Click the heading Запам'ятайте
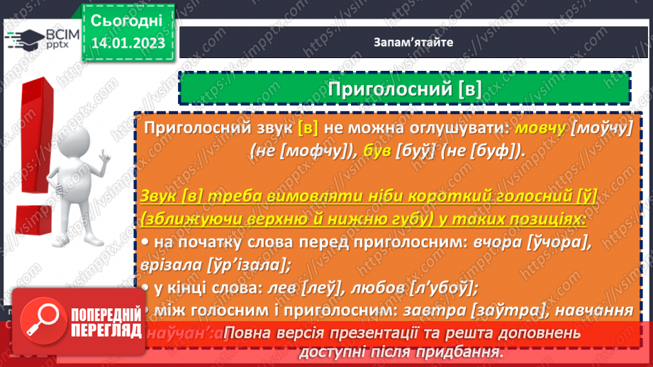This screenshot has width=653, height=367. (413, 42)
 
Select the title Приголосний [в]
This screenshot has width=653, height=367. (404, 88)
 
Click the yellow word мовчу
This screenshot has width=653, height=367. (540, 128)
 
